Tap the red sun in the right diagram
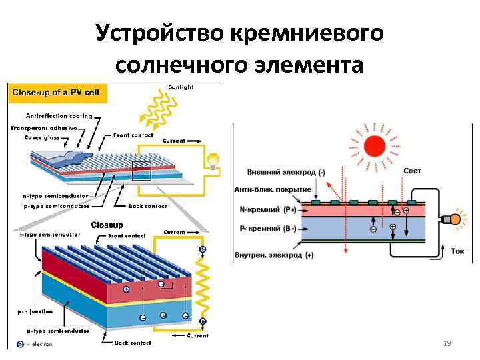[374, 146]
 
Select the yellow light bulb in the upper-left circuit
[213, 160]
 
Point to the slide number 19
[447, 343]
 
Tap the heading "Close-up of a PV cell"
[53, 93]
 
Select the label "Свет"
[412, 171]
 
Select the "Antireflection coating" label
[61, 115]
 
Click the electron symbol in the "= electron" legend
[21, 344]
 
